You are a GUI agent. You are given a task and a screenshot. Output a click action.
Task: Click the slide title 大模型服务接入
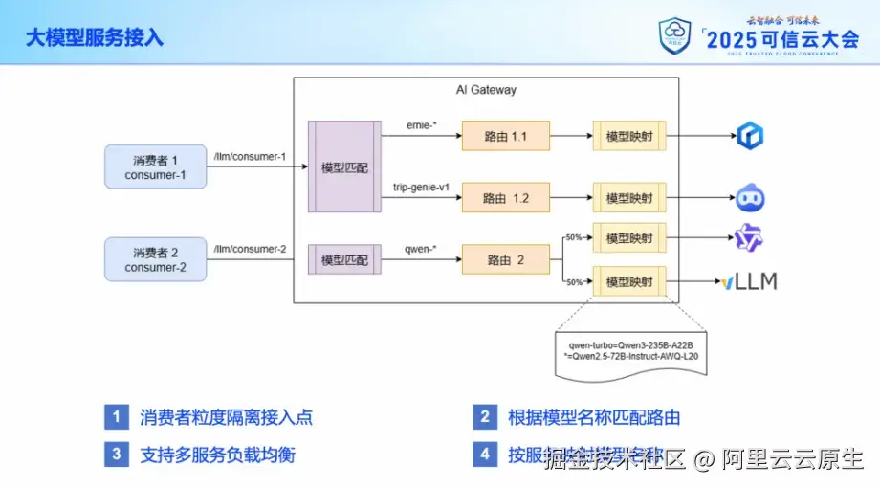click(94, 37)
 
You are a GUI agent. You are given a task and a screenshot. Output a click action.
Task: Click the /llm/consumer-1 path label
click(250, 156)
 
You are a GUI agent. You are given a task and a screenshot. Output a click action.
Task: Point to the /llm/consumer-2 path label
click(250, 249)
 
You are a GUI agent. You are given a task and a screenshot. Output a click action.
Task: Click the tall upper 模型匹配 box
click(344, 166)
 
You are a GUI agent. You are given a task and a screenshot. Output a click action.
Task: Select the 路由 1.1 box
click(506, 137)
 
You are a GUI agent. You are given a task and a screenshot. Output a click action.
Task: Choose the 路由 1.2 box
click(506, 198)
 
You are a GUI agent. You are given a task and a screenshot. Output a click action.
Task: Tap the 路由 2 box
click(506, 259)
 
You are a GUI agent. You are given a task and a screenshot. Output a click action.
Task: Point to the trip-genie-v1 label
click(421, 187)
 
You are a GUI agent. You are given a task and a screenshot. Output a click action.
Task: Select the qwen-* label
click(421, 248)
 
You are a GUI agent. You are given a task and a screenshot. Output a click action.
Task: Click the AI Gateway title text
click(485, 90)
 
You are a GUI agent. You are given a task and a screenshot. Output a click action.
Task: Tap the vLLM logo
click(749, 281)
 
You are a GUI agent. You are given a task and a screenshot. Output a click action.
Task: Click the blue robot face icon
click(749, 198)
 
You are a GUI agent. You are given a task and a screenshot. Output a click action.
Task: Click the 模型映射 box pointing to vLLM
click(629, 281)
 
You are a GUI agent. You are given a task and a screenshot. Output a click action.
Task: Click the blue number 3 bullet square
click(116, 455)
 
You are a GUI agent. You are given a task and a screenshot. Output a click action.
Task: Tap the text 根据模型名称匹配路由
click(594, 417)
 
